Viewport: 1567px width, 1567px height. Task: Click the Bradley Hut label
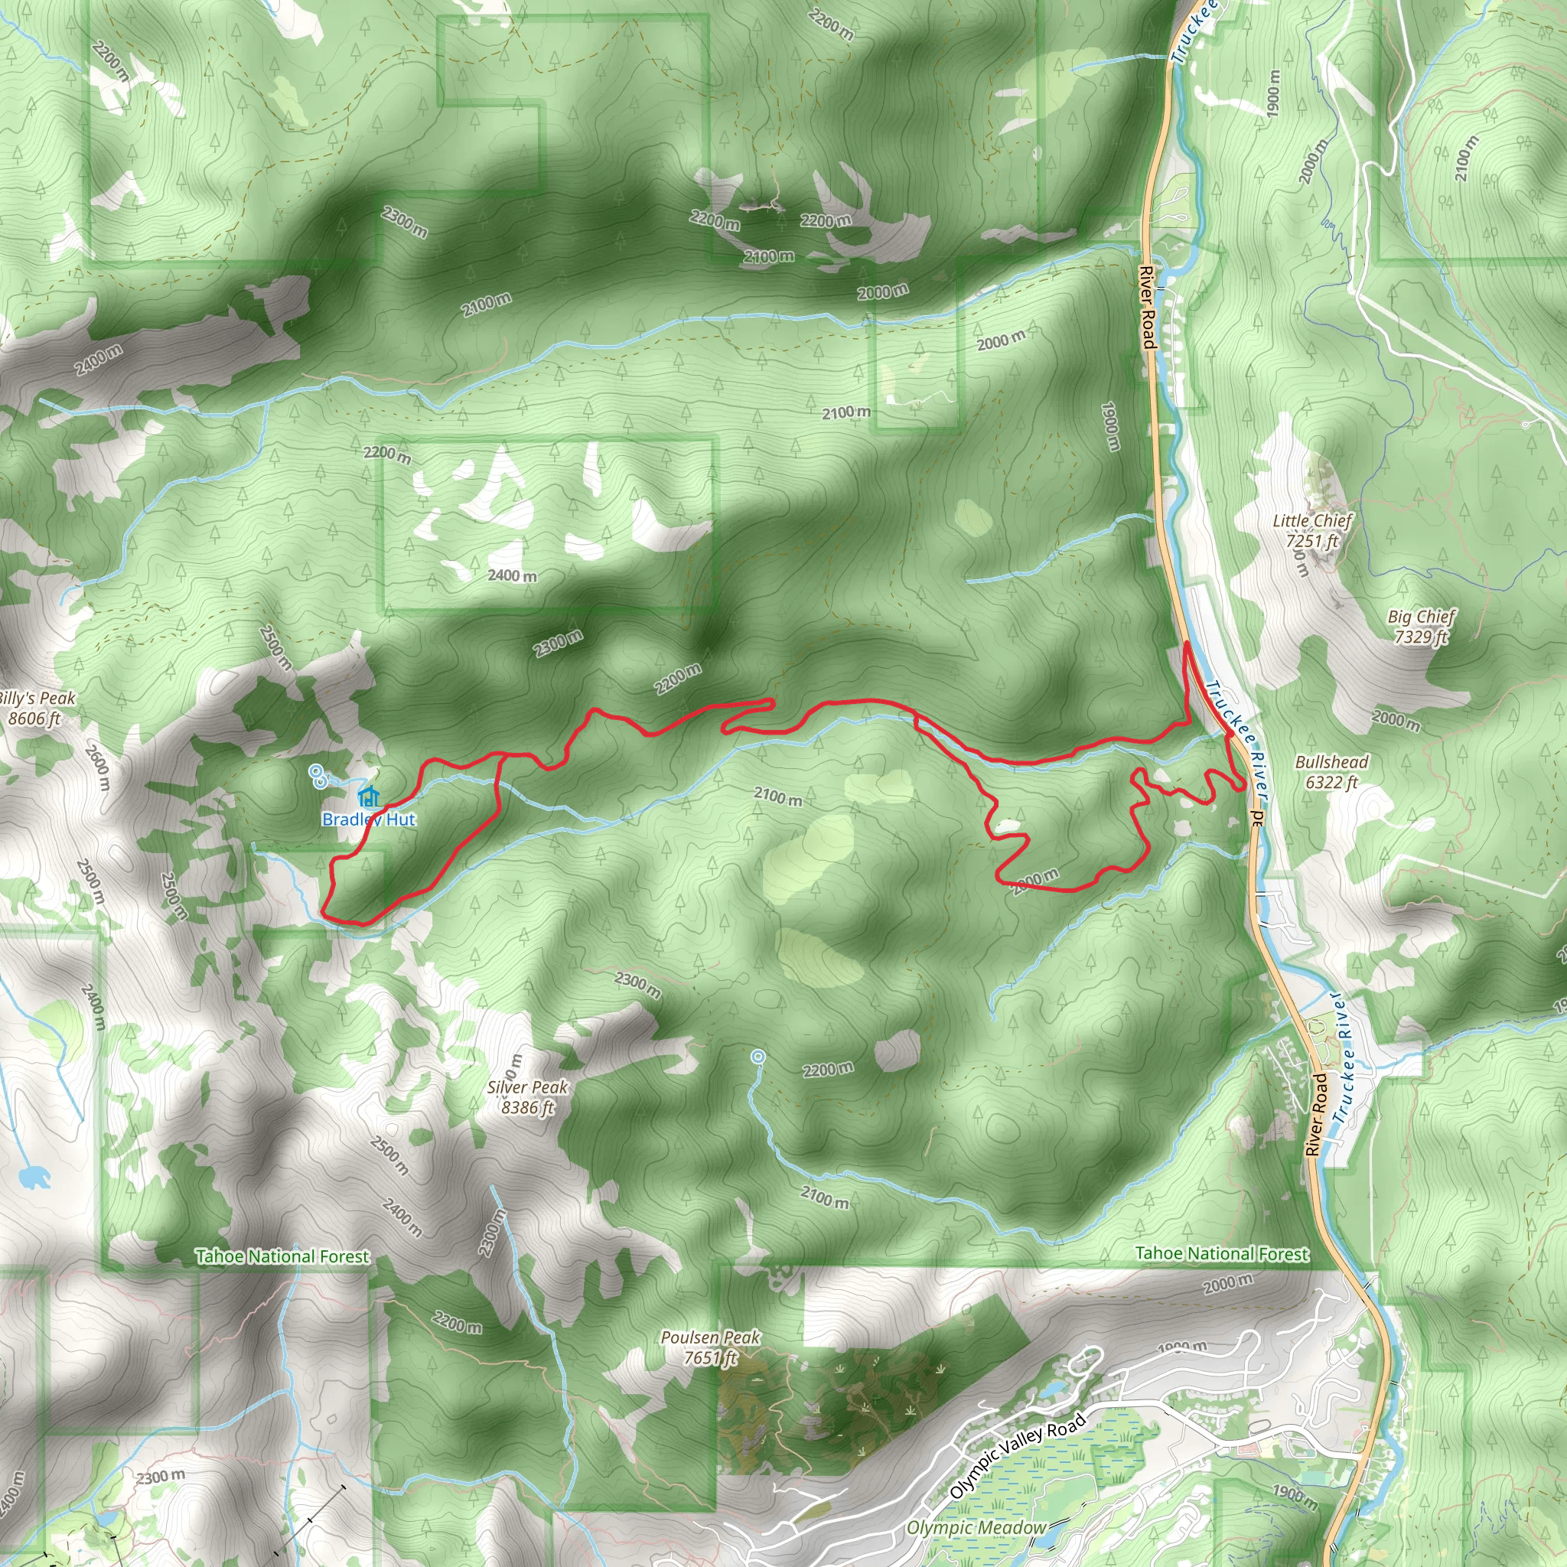tap(368, 819)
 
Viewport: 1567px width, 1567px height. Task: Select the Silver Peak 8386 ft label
tap(528, 1096)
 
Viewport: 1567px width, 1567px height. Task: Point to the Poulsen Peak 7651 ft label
tap(711, 1347)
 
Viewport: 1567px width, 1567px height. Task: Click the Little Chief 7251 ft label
tap(1311, 530)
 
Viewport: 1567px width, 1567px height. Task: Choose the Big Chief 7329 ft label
tap(1421, 626)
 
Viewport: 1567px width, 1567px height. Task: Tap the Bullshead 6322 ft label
tap(1331, 771)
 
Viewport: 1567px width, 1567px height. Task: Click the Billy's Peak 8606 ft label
tap(36, 708)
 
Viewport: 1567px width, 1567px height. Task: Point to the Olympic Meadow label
tap(976, 1528)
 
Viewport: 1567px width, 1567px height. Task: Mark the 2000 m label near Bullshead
tap(1396, 718)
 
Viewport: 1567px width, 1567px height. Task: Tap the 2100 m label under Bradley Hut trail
tap(778, 797)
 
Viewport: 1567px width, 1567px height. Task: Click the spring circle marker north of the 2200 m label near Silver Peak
tap(757, 1056)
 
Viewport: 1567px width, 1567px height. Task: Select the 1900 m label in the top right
tap(1272, 93)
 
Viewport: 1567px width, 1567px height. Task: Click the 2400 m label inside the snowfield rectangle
tap(512, 575)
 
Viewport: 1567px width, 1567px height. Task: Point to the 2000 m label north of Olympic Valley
tap(1227, 1282)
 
